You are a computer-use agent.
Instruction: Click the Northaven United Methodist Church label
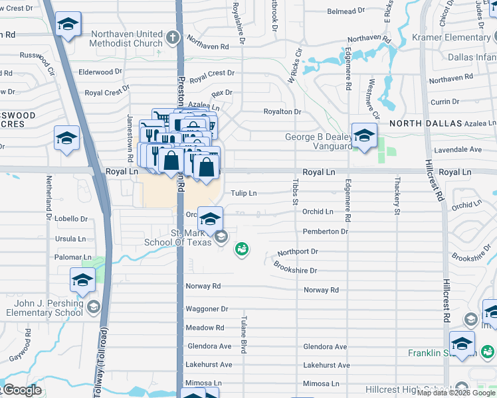tap(126, 38)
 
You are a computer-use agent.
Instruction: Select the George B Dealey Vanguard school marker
tap(364, 137)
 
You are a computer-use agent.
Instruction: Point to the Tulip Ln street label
tap(243, 193)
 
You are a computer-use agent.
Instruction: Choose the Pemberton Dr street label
tap(325, 232)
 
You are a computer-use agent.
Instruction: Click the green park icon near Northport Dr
tap(242, 249)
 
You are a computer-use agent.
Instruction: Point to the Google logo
tap(21, 390)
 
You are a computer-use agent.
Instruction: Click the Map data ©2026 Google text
tap(456, 393)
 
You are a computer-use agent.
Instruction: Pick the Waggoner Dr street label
tap(207, 309)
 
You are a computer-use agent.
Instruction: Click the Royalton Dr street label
tap(282, 112)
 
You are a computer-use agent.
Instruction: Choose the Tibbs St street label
tap(295, 188)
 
